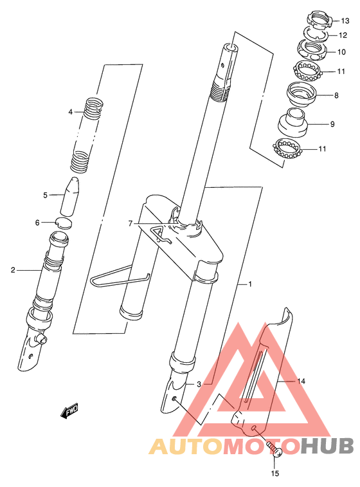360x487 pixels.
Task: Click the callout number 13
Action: pyautogui.click(x=345, y=21)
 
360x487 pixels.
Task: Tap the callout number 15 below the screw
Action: pyautogui.click(x=275, y=473)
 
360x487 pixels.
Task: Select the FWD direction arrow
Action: pyautogui.click(x=69, y=411)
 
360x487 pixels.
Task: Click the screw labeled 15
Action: pyautogui.click(x=274, y=449)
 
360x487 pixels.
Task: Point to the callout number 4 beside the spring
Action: pyautogui.click(x=71, y=111)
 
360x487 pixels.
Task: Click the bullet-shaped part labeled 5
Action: pyautogui.click(x=70, y=196)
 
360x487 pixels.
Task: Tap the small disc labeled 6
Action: pyautogui.click(x=64, y=223)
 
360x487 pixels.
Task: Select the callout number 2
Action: pyautogui.click(x=13, y=270)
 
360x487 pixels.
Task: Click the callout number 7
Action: pyautogui.click(x=130, y=223)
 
